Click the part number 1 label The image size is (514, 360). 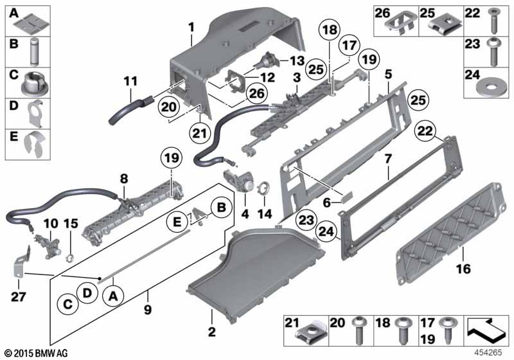pyautogui.click(x=191, y=27)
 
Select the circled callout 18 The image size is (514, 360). pyautogui.click(x=330, y=30)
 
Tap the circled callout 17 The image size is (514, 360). pyautogui.click(x=349, y=45)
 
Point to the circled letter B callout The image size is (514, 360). pyautogui.click(x=222, y=207)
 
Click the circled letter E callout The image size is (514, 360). pyautogui.click(x=177, y=222)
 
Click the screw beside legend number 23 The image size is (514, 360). pyautogui.click(x=493, y=51)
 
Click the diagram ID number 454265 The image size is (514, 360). pyautogui.click(x=488, y=352)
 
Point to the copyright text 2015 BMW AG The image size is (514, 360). pyautogui.click(x=36, y=353)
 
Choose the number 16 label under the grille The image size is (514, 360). pyautogui.click(x=463, y=269)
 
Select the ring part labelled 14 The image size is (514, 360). pyautogui.click(x=263, y=188)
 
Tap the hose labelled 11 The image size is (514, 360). pyautogui.click(x=130, y=110)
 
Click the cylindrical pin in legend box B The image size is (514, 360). pyautogui.click(x=35, y=52)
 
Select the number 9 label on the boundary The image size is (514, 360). pyautogui.click(x=148, y=309)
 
